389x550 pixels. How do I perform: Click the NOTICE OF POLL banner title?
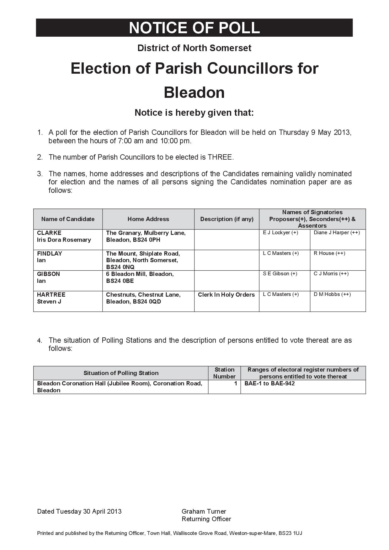(194, 28)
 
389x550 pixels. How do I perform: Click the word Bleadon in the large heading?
(194, 93)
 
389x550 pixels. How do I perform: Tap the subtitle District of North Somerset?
(194, 48)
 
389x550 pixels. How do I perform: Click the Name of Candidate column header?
(68, 219)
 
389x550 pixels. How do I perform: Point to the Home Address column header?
(148, 219)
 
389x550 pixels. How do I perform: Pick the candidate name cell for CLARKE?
(64, 236)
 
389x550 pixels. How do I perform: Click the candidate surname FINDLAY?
(50, 253)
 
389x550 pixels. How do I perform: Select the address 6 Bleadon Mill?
(140, 274)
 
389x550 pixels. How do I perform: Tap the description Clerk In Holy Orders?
(226, 295)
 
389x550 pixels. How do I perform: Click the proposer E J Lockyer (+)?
(280, 233)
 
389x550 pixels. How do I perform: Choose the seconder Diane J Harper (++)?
(337, 233)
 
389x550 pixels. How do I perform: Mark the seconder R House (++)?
(329, 253)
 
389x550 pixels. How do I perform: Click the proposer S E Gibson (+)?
(280, 274)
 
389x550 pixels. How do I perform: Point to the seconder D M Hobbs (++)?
(332, 294)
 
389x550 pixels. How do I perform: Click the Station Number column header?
(224, 373)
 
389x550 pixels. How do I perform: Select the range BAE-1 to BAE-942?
(269, 383)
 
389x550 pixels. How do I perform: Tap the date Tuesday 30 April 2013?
(89, 511)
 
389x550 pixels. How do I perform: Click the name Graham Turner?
(204, 511)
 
